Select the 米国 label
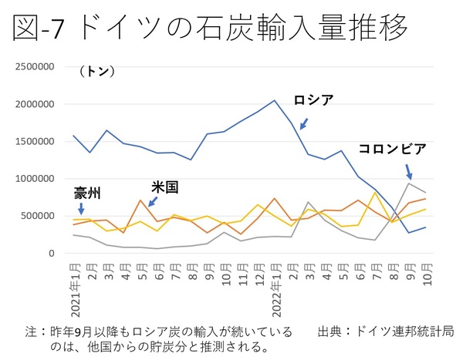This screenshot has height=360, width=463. pyautogui.click(x=164, y=187)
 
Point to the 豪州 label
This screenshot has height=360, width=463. pyautogui.click(x=90, y=191)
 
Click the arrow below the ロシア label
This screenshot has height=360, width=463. pyautogui.click(x=303, y=123)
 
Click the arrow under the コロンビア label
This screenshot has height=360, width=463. pyautogui.click(x=409, y=170)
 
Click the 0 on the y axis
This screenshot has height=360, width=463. pyautogui.click(x=50, y=253)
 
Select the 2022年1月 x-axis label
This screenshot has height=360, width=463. pyautogui.click(x=275, y=285)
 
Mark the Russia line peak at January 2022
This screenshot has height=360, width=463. pyautogui.click(x=275, y=100)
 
